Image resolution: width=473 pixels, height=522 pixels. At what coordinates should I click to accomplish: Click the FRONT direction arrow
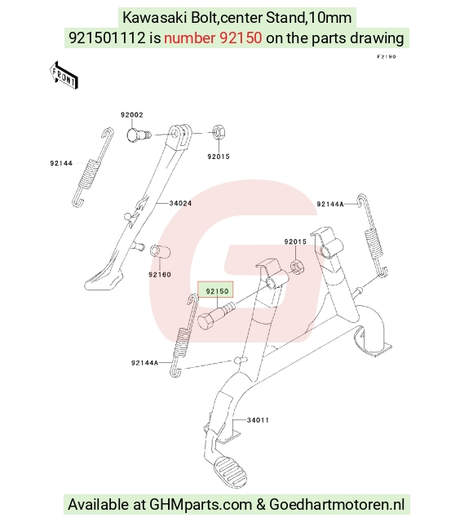pyautogui.click(x=64, y=75)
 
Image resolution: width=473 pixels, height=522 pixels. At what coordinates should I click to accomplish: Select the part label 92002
pyautogui.click(x=132, y=115)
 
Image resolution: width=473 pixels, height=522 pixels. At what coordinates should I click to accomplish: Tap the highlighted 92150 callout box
pyautogui.click(x=215, y=290)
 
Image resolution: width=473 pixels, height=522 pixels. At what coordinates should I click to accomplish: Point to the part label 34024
pyautogui.click(x=180, y=203)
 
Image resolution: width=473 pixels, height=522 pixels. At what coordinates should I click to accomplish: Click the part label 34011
pyautogui.click(x=258, y=420)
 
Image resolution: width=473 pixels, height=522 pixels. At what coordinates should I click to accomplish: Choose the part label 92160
pyautogui.click(x=160, y=275)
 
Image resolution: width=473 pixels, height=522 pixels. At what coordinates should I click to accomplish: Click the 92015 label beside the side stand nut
pyautogui.click(x=219, y=157)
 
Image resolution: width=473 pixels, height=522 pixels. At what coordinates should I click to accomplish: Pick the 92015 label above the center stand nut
pyautogui.click(x=295, y=241)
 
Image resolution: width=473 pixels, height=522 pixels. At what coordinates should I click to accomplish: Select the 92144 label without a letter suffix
pyautogui.click(x=61, y=163)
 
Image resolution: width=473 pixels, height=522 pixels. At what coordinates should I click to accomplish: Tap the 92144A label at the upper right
pyautogui.click(x=330, y=204)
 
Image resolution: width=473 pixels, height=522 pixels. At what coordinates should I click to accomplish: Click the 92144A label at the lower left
pyautogui.click(x=145, y=363)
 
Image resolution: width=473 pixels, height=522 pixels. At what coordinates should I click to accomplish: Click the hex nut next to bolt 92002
pyautogui.click(x=219, y=132)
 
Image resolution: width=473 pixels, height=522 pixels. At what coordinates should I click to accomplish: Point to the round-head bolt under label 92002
pyautogui.click(x=139, y=135)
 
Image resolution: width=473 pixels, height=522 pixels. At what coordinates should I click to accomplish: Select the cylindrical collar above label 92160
pyautogui.click(x=160, y=251)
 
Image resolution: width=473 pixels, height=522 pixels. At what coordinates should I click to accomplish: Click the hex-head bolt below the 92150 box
pyautogui.click(x=216, y=316)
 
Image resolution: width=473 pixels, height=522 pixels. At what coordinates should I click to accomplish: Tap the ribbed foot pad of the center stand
pyautogui.click(x=231, y=470)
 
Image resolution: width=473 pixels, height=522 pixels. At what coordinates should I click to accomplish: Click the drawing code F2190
pyautogui.click(x=387, y=56)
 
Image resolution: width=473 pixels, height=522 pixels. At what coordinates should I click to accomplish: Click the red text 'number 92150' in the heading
pyautogui.click(x=213, y=38)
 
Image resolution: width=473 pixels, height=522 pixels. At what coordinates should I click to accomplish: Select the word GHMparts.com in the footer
pyautogui.click(x=201, y=504)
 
